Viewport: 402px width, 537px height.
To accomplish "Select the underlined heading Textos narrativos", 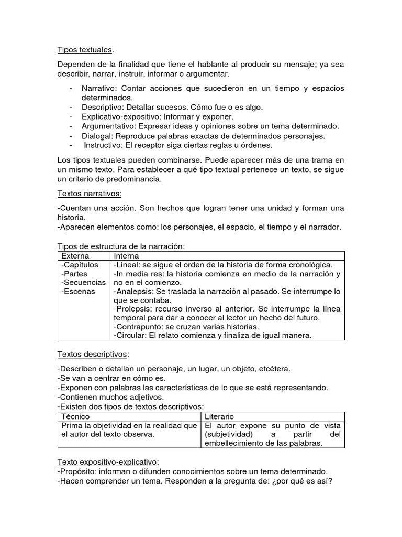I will pos(90,194).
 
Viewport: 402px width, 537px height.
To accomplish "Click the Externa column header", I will pos(75,256).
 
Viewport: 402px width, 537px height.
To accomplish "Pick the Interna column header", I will pos(126,256).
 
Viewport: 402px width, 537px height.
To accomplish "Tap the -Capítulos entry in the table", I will pos(80,265).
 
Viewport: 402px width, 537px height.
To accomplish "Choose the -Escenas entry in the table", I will pos(78,292).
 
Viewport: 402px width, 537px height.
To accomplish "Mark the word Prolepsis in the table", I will pos(134,309).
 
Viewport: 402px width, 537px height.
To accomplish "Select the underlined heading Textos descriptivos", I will pos(92,355).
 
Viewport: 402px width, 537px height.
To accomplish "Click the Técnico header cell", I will pos(76,416).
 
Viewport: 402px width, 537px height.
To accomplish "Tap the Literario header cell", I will pos(219,416).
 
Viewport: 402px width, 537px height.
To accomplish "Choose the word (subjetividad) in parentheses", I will pos(229,434).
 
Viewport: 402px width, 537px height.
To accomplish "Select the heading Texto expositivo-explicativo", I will pos(107,462).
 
